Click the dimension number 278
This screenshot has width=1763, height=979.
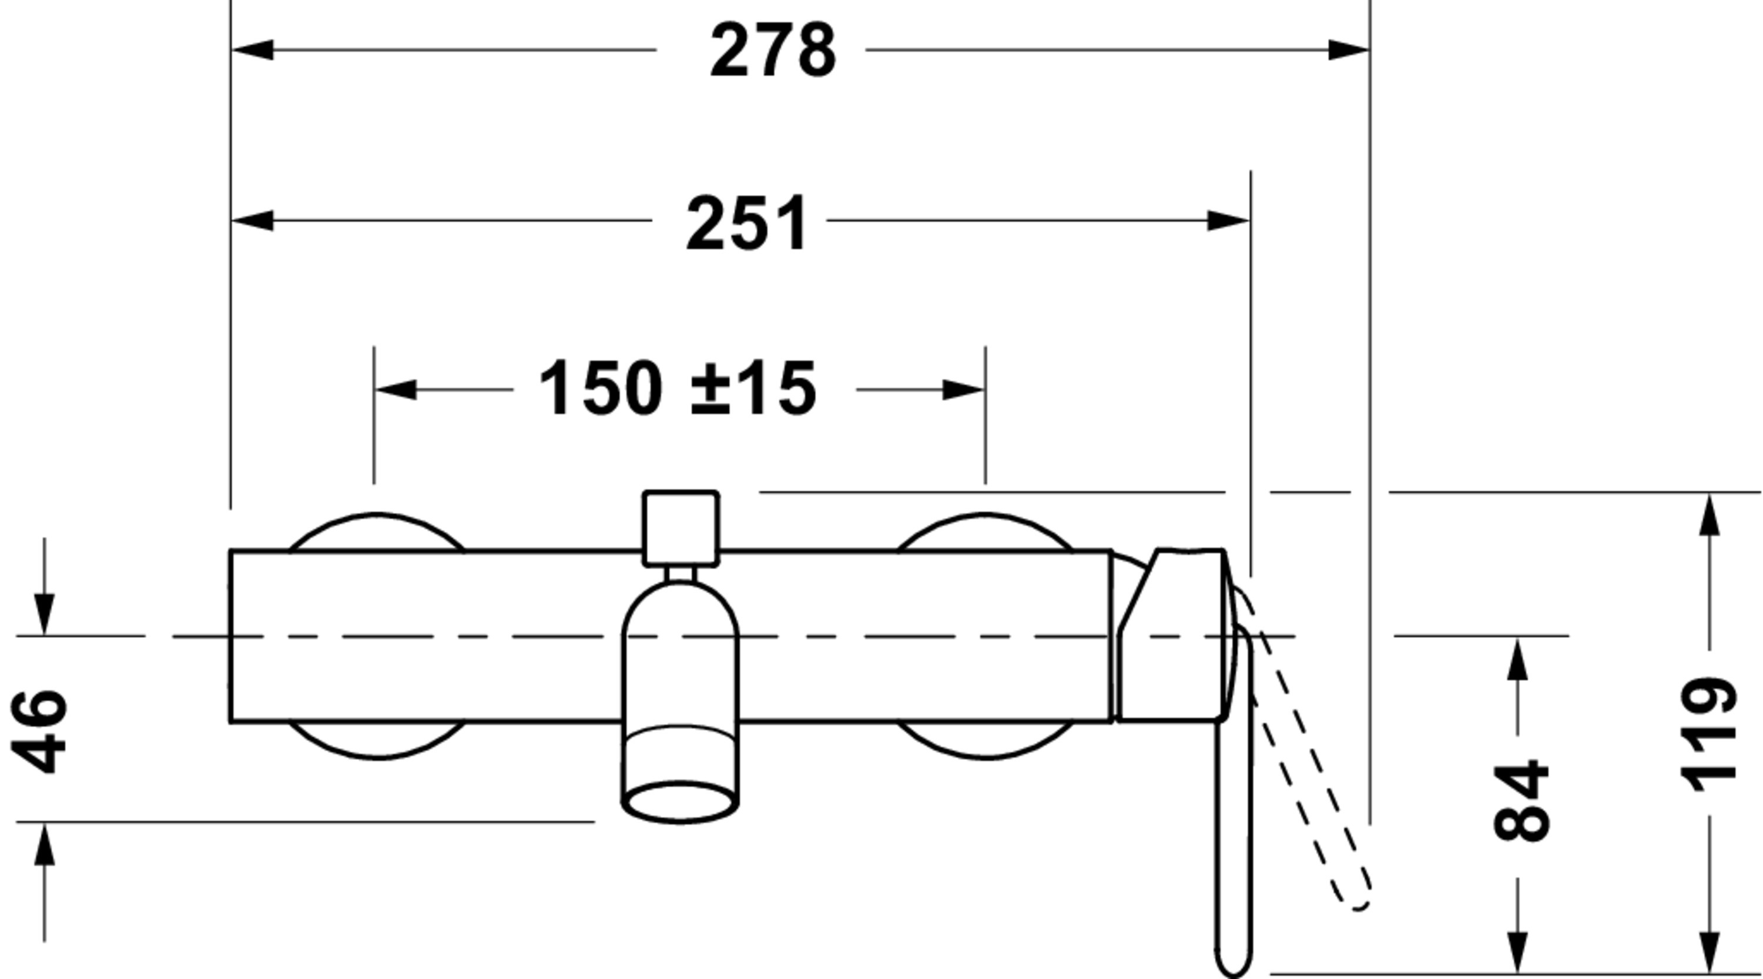pos(773,51)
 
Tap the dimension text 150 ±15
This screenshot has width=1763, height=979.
pos(678,389)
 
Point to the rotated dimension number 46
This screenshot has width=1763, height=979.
pos(40,731)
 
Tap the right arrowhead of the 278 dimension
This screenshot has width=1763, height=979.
pos(1348,50)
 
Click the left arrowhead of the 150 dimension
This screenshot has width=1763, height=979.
pos(395,390)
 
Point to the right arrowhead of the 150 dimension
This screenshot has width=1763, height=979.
pos(964,390)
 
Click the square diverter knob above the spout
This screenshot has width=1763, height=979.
pos(681,528)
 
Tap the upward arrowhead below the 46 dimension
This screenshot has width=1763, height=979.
pos(45,843)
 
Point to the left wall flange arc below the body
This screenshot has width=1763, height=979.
pos(377,743)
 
